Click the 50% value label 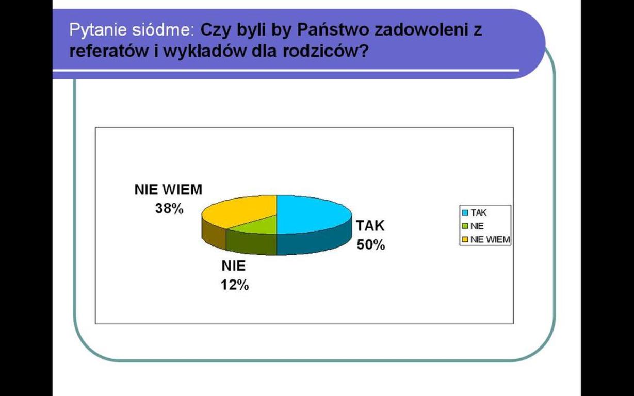tap(371, 245)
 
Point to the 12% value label tap(235, 285)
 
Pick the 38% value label tap(169, 209)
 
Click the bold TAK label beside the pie tap(370, 226)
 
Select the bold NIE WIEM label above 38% tap(168, 190)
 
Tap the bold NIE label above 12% tap(234, 266)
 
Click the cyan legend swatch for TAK tap(465, 212)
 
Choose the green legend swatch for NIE tap(465, 226)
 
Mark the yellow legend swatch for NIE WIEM tap(465, 240)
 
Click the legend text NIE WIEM tap(490, 240)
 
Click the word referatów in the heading tap(109, 51)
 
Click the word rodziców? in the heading tap(326, 51)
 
